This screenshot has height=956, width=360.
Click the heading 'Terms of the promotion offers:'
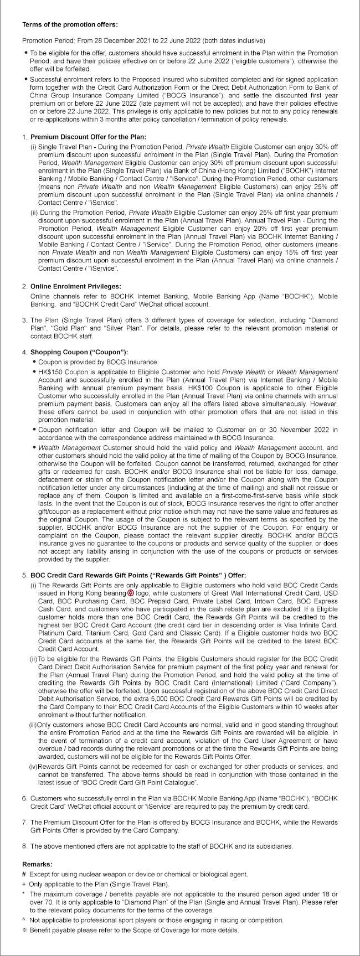(70, 25)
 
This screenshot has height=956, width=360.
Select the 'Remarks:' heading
(38, 864)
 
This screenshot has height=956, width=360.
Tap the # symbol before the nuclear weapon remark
(24, 874)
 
